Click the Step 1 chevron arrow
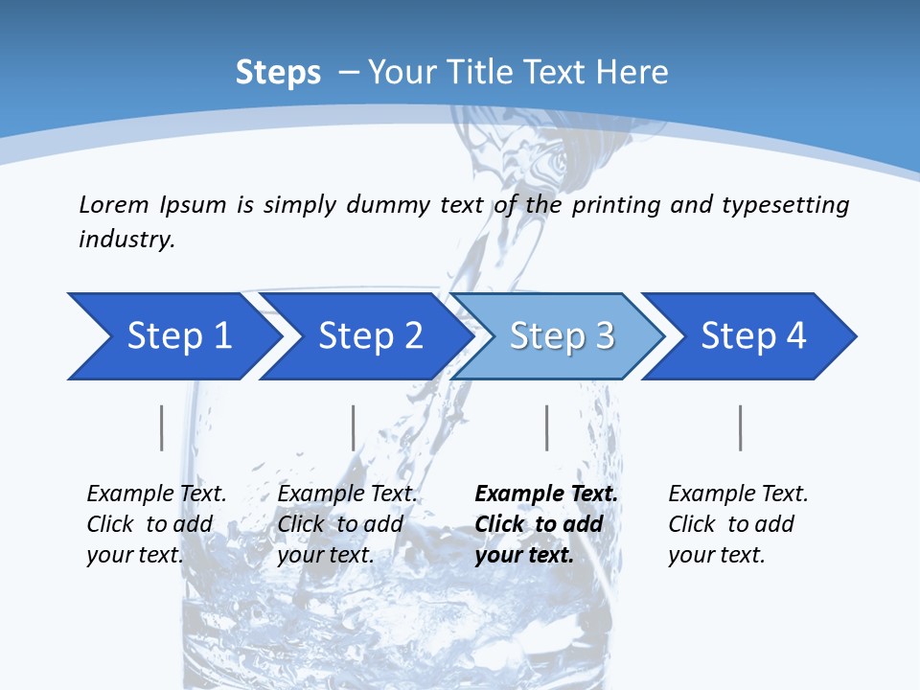(x=178, y=336)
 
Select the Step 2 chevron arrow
(x=370, y=336)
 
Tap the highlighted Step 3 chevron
(x=562, y=336)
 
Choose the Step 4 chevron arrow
(x=753, y=336)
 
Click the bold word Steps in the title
(x=278, y=72)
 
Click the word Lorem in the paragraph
(x=113, y=204)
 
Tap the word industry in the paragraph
(x=126, y=240)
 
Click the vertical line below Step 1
(x=161, y=427)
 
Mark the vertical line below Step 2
(x=354, y=427)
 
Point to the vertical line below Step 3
(x=547, y=427)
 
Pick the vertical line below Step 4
(x=741, y=427)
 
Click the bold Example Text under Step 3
(x=546, y=494)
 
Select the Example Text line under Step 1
(x=156, y=494)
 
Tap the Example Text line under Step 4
(x=738, y=494)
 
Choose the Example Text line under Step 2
(x=347, y=494)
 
